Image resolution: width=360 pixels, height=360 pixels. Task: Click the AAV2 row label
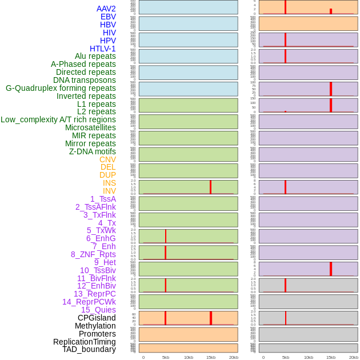[x=106, y=9]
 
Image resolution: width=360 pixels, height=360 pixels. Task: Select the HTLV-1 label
[x=103, y=49]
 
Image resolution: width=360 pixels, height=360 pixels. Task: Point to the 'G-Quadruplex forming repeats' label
[x=61, y=88]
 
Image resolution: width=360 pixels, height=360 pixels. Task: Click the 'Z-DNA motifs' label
[x=93, y=151]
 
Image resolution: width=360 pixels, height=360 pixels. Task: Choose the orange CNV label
[x=107, y=159]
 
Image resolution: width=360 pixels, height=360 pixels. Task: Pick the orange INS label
[x=109, y=183]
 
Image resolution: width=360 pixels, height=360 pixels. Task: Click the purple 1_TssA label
[x=103, y=199]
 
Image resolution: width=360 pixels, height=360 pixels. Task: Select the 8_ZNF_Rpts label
[x=93, y=254]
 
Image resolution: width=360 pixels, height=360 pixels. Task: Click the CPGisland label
[x=97, y=318]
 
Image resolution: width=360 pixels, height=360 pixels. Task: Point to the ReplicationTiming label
[x=85, y=342]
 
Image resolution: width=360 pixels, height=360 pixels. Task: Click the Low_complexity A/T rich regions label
[x=58, y=119]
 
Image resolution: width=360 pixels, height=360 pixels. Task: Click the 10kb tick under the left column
[x=189, y=357]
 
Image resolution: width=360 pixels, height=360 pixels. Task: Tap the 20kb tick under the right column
[x=354, y=357]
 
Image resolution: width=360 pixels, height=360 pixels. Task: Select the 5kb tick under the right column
[x=286, y=357]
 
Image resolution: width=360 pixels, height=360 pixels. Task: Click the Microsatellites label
[x=90, y=127]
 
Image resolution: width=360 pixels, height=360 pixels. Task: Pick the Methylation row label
[x=95, y=326]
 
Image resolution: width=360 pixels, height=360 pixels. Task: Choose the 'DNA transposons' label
[x=85, y=80]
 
